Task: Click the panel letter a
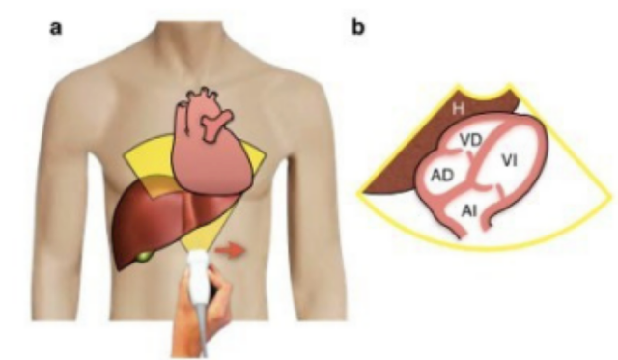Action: [x=56, y=28]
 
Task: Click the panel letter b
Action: [x=358, y=27]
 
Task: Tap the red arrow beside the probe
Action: [x=230, y=251]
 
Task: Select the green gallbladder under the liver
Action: [x=144, y=257]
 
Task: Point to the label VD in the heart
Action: [x=471, y=141]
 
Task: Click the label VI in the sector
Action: [x=509, y=161]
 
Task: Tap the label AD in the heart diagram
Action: [x=442, y=176]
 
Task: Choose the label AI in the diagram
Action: [x=469, y=211]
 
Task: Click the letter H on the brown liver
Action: [x=458, y=108]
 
